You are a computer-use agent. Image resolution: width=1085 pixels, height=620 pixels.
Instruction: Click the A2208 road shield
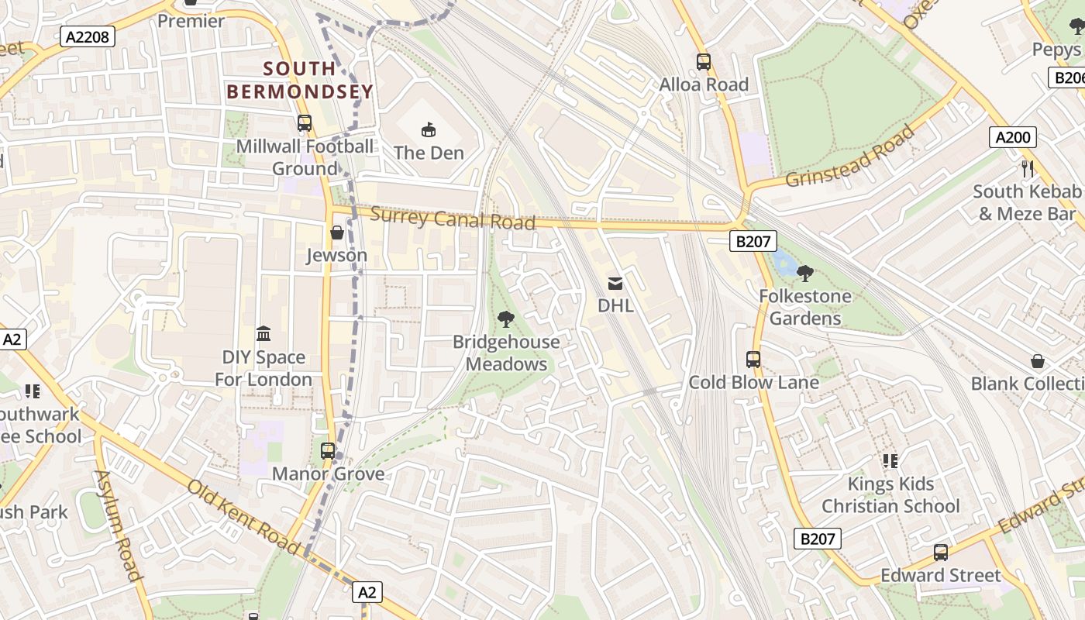(x=88, y=36)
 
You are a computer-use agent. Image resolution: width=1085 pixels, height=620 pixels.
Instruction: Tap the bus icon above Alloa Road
(x=704, y=61)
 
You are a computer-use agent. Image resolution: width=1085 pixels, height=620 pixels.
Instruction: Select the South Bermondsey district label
(x=300, y=80)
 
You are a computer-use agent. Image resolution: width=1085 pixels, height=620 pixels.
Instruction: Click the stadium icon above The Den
(x=429, y=129)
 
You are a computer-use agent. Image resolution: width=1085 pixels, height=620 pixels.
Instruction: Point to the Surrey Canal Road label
(x=453, y=219)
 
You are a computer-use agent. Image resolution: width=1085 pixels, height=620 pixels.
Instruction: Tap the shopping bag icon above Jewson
(x=337, y=232)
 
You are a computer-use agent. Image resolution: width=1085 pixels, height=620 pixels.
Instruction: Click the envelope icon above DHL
(x=615, y=283)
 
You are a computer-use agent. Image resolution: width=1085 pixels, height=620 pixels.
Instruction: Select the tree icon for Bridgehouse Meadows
(x=506, y=319)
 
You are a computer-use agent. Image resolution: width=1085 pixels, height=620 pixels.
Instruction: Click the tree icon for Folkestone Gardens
(x=805, y=273)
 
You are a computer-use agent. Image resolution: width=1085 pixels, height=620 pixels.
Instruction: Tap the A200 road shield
(x=1013, y=137)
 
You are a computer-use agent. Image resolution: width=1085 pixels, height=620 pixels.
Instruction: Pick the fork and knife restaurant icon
(x=1028, y=168)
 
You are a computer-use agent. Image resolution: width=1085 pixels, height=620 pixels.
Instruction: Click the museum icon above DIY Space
(x=263, y=334)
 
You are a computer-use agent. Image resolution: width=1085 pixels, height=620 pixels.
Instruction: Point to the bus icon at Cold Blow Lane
(x=753, y=359)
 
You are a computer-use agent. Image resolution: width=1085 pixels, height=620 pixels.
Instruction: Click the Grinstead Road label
(x=850, y=157)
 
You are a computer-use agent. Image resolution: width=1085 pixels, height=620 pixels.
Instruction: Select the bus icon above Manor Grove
(x=328, y=450)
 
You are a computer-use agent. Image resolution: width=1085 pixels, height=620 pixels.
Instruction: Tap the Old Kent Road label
(x=243, y=517)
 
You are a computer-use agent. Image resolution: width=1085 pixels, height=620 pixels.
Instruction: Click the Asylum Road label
(x=119, y=525)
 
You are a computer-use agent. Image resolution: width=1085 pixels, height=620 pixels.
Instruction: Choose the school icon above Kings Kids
(x=890, y=461)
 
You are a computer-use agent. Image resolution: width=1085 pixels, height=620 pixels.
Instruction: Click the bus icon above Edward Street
(x=941, y=553)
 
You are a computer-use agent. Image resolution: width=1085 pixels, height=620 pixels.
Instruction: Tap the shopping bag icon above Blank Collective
(x=1038, y=361)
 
